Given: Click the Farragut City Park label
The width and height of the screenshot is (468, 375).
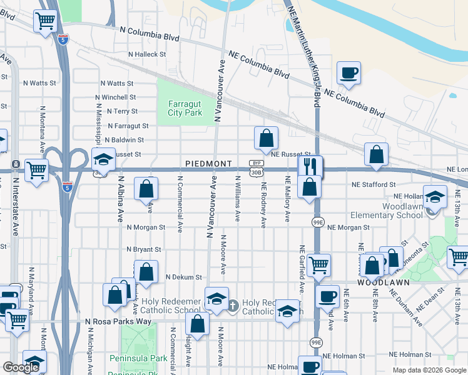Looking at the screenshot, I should pos(185,108).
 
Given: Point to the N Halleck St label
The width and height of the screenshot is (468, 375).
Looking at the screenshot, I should pos(146,54).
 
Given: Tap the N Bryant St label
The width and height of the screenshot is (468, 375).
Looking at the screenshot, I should pos(143,249).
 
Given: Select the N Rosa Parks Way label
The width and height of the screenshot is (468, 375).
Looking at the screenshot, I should pos(118,321).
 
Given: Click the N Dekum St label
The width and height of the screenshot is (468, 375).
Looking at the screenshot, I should pos(184,277).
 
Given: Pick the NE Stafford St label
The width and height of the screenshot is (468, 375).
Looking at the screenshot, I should pos(374,185).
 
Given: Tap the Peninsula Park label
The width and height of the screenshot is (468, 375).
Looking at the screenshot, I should pos(138,358).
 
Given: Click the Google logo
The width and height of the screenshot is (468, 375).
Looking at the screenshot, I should pos(21,367).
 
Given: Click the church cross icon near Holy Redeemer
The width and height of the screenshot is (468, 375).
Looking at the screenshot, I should pos(233,306).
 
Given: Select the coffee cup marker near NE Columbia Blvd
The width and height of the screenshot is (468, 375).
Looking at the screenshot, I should pos(348,72).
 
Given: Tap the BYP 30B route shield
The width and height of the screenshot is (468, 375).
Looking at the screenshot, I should pos(255,167).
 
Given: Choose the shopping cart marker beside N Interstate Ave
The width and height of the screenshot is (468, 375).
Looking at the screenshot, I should pos(37,169).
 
